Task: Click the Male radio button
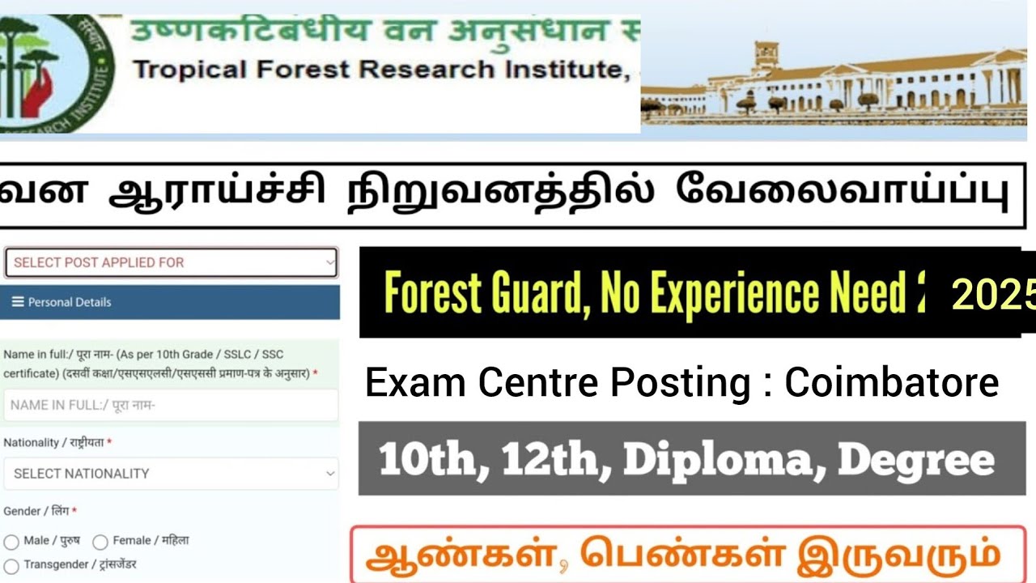(x=11, y=542)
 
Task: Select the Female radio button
(x=100, y=542)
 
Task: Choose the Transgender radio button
(x=11, y=565)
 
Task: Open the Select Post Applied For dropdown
(x=171, y=262)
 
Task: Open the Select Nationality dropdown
(x=171, y=474)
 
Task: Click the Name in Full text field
(x=171, y=406)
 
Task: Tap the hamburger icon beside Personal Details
(x=18, y=302)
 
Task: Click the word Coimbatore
(x=892, y=383)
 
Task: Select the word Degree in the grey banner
(x=915, y=460)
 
